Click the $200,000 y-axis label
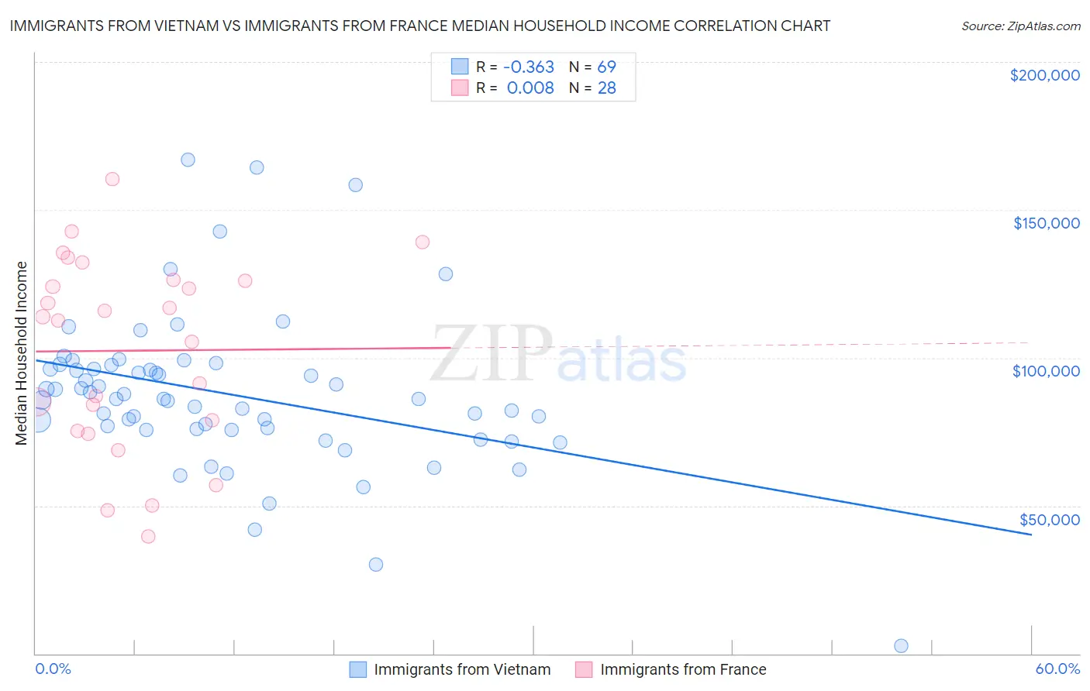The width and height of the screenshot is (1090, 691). point(1044,75)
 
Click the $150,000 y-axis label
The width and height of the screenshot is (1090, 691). point(1046,223)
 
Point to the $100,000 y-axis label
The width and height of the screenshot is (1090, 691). point(1046,371)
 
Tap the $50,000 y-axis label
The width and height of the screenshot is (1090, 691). point(1049,520)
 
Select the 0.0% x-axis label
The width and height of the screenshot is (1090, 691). point(53,669)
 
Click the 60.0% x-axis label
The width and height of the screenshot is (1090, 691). point(1057,669)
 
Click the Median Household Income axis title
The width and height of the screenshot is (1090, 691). point(21,353)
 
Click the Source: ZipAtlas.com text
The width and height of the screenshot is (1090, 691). point(1020,26)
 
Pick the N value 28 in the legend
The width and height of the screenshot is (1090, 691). point(606,88)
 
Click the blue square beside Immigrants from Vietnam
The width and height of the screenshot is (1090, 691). point(357,669)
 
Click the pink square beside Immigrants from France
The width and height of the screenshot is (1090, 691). point(584,669)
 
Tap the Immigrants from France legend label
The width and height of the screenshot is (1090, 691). point(683,669)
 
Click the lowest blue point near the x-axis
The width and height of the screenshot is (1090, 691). point(901,646)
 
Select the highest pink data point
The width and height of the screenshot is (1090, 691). point(112,179)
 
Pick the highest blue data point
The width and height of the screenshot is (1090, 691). point(188,160)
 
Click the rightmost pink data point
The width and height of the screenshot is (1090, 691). point(423,242)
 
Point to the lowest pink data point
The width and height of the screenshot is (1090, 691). point(148,536)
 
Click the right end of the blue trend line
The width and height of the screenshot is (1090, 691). point(1031,535)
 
